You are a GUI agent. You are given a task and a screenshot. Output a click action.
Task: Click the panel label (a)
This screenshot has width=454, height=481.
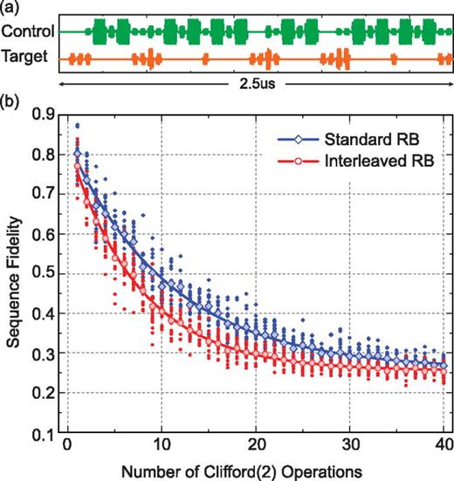10,8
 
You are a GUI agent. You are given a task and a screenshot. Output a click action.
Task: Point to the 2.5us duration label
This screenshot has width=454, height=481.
254,87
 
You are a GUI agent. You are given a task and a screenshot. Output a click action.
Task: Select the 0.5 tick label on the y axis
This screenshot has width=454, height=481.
45,274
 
